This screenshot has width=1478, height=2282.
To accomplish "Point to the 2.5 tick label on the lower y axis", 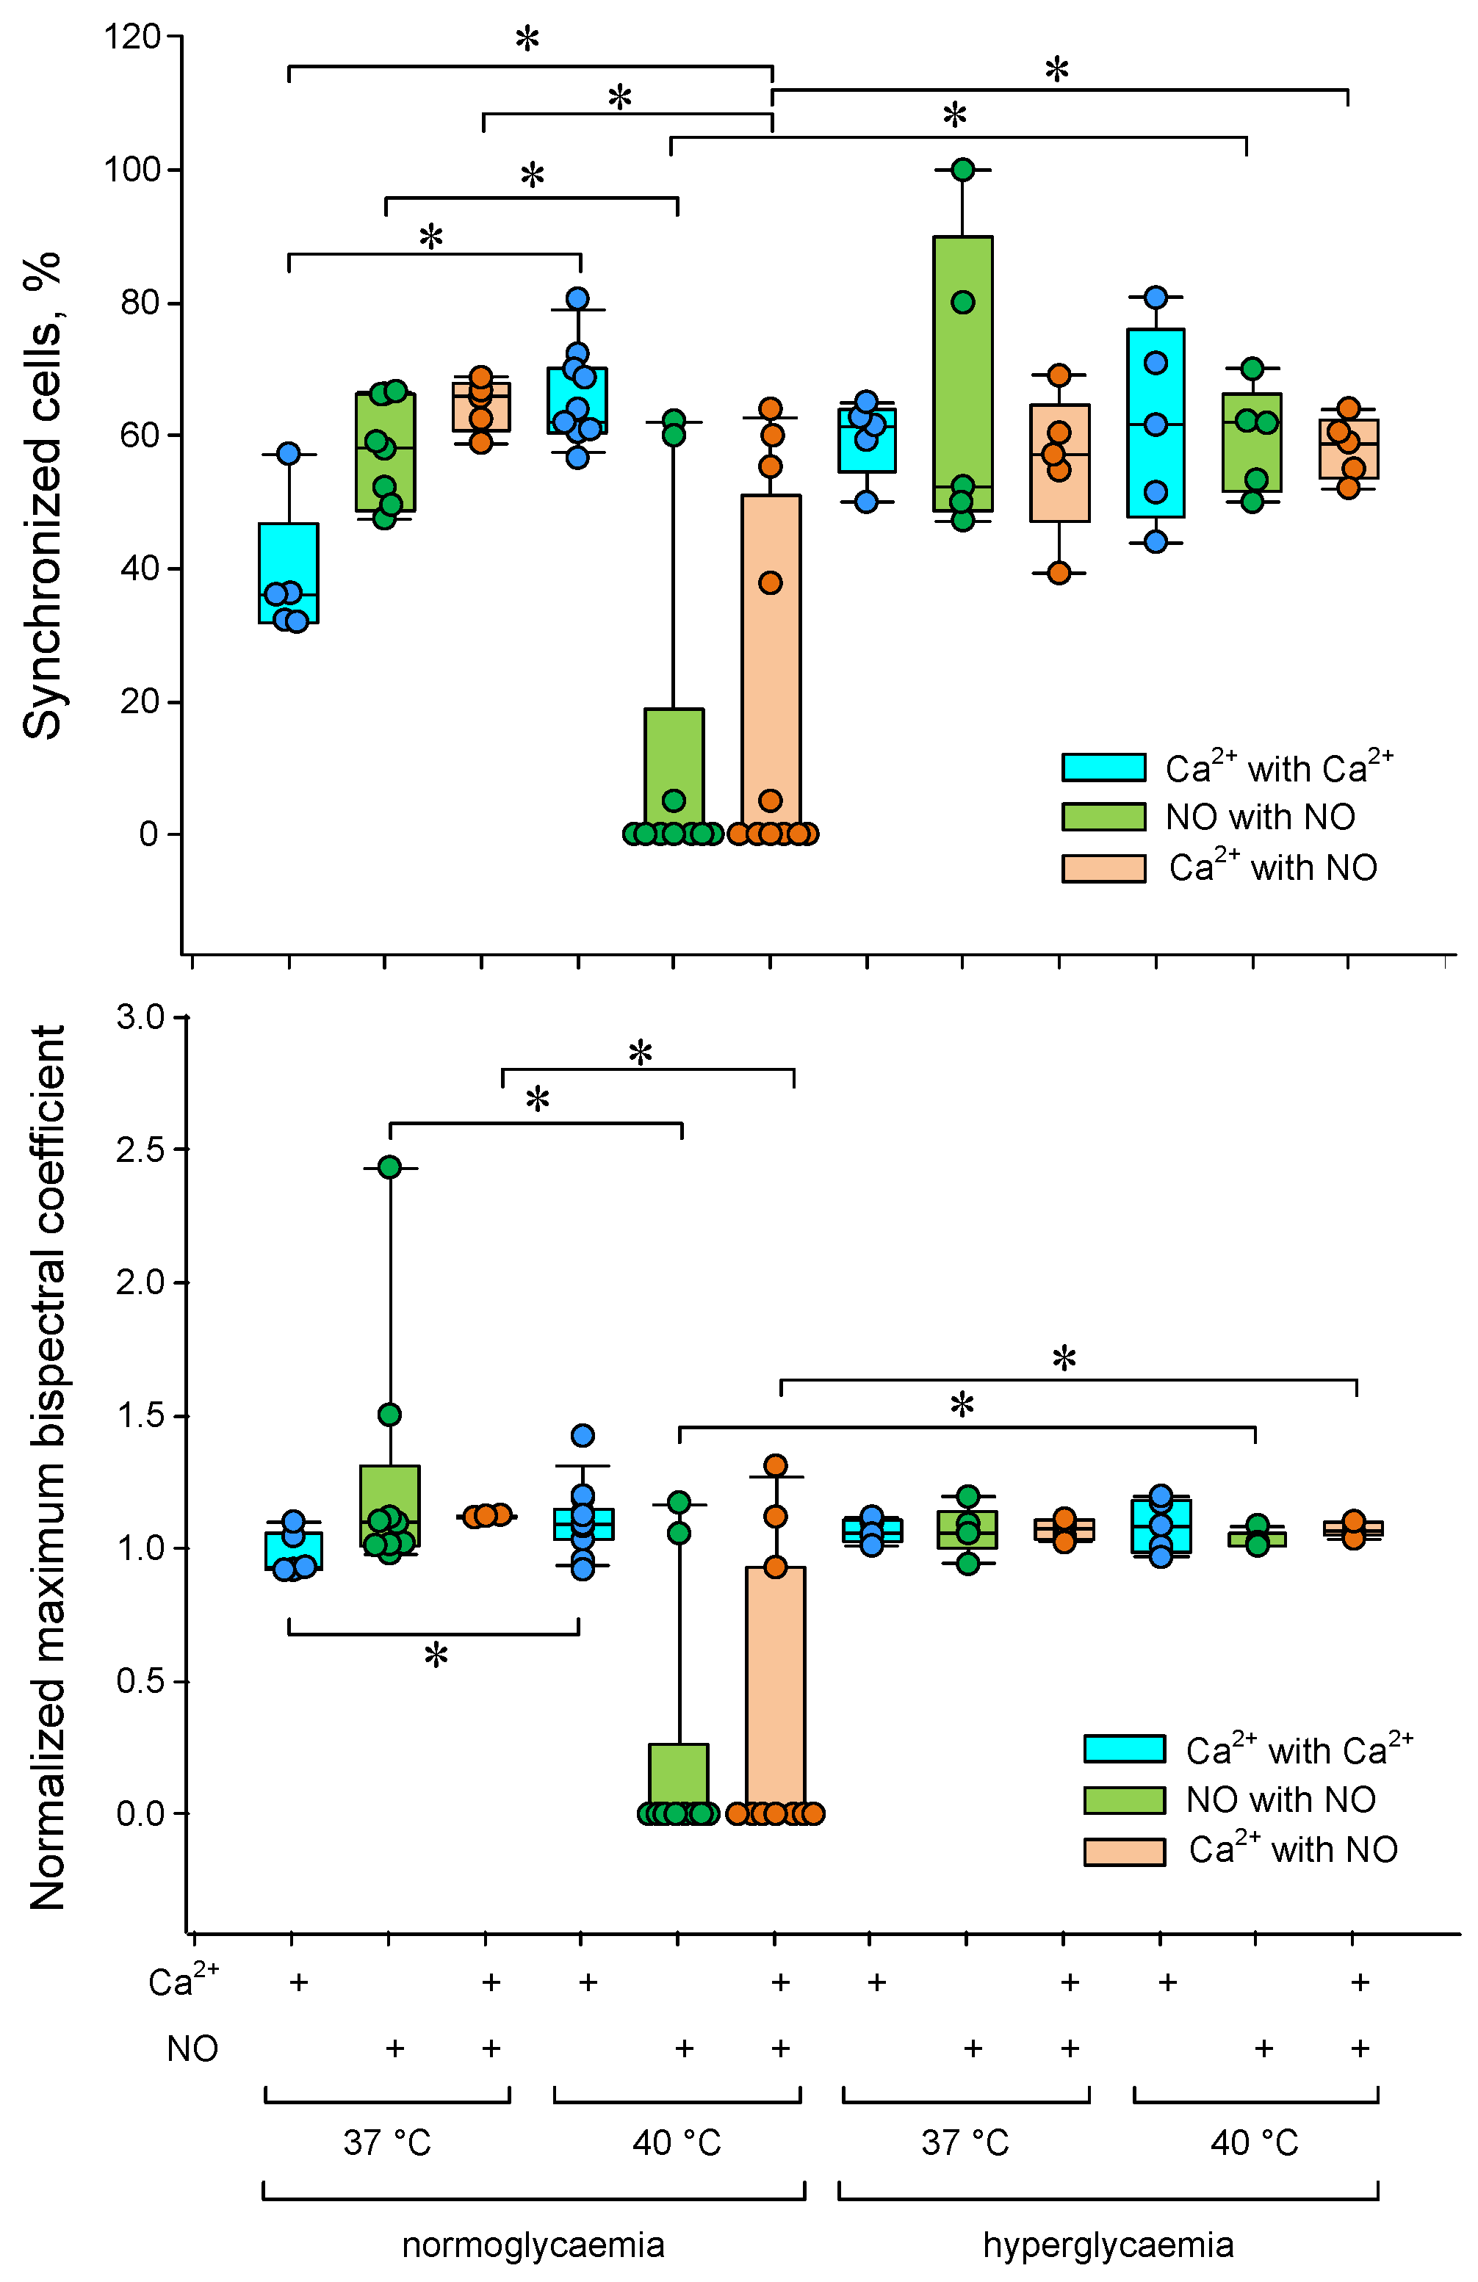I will point(140,1149).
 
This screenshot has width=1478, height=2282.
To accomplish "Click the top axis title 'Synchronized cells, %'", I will point(42,496).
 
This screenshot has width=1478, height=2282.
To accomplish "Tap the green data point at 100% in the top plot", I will point(963,170).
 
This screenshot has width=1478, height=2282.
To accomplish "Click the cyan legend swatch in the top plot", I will point(1103,767).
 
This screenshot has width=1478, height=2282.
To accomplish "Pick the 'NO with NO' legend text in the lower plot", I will point(1280,1799).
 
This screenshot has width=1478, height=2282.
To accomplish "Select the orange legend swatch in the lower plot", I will point(1124,1852).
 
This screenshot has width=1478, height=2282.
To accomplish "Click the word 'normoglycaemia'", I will point(533,2245).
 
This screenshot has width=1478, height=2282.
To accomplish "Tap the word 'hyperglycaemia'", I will point(1108,2245).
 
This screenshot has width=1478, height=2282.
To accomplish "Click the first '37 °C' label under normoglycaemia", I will point(386,2141).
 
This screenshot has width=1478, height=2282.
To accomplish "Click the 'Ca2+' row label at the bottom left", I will point(183,1981).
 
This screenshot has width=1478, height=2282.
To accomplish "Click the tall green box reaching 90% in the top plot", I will point(963,374).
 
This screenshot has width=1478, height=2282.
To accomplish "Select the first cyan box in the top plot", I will point(289,572).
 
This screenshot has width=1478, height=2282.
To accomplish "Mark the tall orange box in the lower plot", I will point(775,1688).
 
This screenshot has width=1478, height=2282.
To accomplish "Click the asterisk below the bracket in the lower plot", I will point(436,1654).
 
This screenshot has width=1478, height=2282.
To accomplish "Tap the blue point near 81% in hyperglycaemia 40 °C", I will point(1156,297).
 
